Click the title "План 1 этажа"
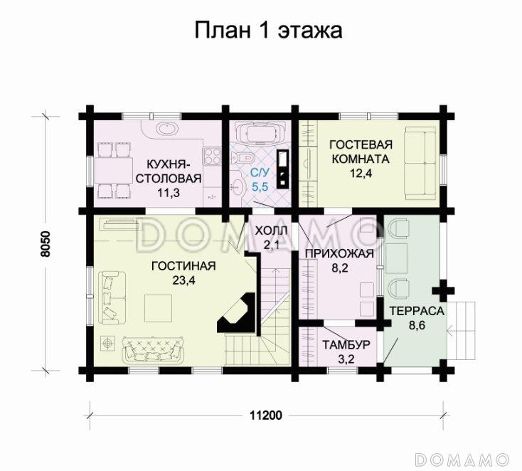(x=268, y=31)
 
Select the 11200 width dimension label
(x=267, y=416)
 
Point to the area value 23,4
(x=183, y=280)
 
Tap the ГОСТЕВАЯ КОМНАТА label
(x=361, y=151)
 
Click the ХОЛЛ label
(x=271, y=232)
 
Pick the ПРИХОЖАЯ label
(x=339, y=254)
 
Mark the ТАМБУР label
(x=346, y=345)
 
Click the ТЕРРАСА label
(x=416, y=312)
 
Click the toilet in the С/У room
(x=246, y=157)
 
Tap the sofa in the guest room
(x=420, y=162)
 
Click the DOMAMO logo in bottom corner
(x=462, y=456)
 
